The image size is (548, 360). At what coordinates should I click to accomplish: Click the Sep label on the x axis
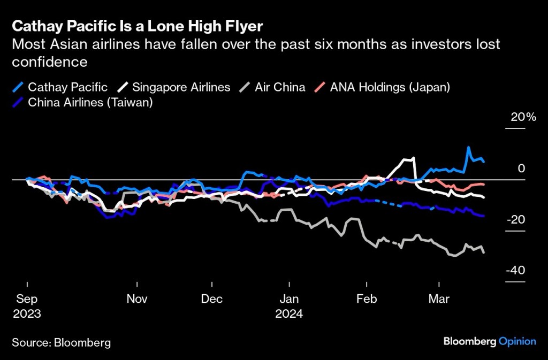(27, 299)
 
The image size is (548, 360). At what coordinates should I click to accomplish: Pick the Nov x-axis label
(137, 299)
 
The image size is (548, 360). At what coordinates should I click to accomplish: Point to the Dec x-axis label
(212, 299)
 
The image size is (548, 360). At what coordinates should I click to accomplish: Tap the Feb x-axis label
(367, 299)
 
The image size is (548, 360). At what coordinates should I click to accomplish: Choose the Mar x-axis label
(439, 299)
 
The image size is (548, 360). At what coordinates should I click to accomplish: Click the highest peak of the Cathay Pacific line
(469, 147)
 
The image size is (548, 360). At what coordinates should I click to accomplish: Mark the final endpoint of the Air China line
(484, 252)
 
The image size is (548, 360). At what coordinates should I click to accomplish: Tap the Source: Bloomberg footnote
(61, 342)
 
